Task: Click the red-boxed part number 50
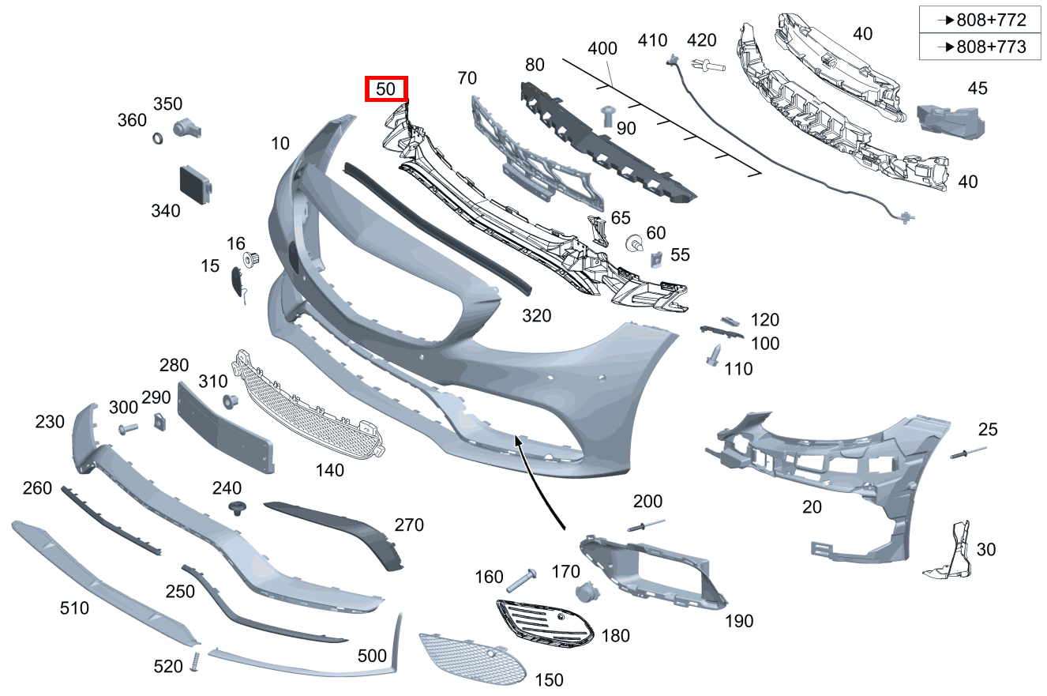pos(385,89)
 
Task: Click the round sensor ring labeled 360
pos(157,139)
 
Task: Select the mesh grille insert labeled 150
pos(471,658)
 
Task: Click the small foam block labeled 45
pos(951,119)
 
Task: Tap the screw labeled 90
pos(609,115)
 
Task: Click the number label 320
pos(536,316)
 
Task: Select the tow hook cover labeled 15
pos(235,282)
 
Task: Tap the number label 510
pos(74,608)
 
